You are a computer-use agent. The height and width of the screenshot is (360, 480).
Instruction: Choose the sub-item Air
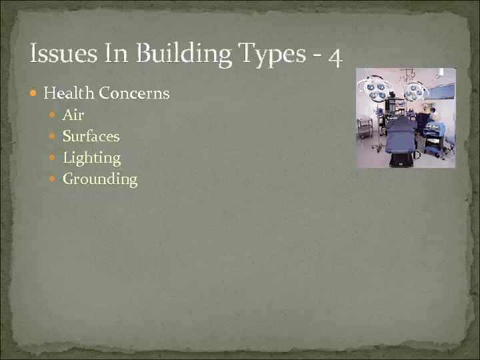(73, 115)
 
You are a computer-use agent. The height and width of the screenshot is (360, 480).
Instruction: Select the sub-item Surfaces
(91, 136)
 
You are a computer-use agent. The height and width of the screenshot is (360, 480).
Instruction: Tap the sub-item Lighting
(91, 158)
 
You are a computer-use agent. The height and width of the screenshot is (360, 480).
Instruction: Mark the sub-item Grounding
(100, 179)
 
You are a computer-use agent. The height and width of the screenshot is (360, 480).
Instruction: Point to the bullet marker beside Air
(54, 115)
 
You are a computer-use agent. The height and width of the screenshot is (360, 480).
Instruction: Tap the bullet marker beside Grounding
(54, 179)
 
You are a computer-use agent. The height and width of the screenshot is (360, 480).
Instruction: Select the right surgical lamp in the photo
(415, 89)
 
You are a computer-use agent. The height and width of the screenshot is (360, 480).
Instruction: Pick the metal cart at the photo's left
(365, 127)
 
